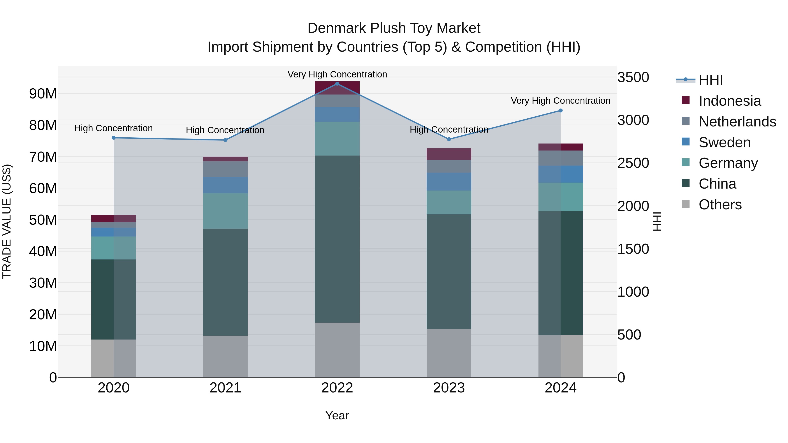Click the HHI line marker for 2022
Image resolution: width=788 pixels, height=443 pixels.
coord(337,84)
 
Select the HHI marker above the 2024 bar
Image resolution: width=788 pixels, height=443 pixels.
coord(560,111)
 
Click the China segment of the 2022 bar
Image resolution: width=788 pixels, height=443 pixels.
coord(337,239)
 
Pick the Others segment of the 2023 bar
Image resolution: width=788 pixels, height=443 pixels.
coord(449,353)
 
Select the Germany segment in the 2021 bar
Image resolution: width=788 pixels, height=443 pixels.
coord(225,211)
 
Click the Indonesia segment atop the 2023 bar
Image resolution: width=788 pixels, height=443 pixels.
coord(449,154)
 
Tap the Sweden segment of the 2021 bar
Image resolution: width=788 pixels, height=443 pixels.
coord(225,185)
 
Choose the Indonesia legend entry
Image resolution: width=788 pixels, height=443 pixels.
coord(730,101)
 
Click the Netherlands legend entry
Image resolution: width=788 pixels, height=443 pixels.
coord(737,122)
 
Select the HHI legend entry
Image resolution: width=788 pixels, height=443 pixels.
coord(711,80)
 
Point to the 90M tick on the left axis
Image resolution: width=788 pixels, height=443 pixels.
coord(43,94)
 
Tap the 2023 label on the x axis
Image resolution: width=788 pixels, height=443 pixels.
coord(449,388)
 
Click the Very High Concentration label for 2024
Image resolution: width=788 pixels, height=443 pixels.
coord(560,101)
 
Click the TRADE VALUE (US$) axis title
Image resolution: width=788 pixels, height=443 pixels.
coord(7,221)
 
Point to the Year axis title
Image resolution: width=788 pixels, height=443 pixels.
coord(337,415)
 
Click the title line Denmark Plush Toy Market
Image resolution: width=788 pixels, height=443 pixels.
coord(394,28)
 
